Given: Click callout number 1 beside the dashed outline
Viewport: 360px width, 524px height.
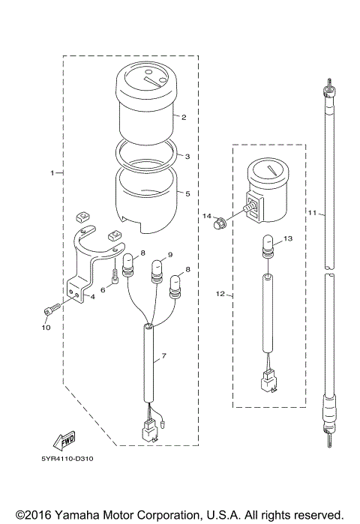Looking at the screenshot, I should pos(52,173).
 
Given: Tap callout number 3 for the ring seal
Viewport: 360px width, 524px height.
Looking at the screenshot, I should pos(187,157).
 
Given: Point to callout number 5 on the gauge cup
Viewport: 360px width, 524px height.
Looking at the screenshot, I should pos(187,193).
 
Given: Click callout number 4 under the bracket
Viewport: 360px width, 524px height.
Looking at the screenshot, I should pos(92,297).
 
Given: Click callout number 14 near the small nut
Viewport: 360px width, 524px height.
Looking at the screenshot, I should pos(208,216).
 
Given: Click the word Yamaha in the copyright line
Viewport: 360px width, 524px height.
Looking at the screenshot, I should pos(72,515).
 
